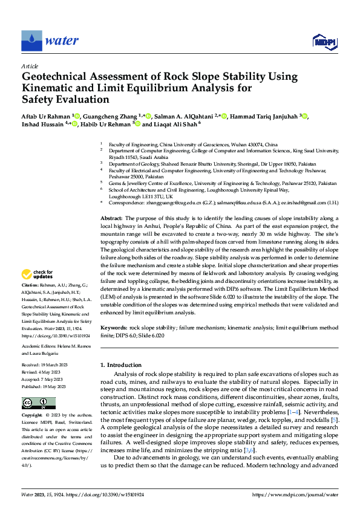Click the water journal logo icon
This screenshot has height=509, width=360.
pos(31,41)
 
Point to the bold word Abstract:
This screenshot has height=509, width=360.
pos(111,218)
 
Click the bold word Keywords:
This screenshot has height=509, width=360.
pos(114,327)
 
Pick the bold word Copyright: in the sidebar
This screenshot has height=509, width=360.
pos(32,416)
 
